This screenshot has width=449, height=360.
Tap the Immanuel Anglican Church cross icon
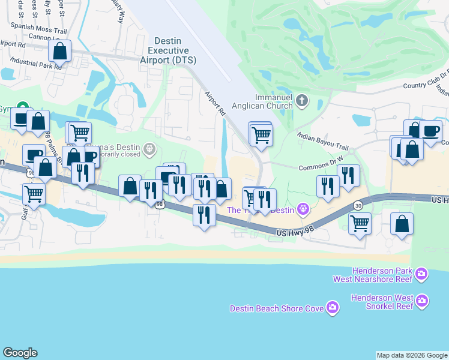[302, 100]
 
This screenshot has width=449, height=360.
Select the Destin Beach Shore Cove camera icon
[333, 308]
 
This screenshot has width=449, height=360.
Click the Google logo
[20, 353]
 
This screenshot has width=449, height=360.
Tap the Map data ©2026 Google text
[412, 355]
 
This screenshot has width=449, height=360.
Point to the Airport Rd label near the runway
[215, 104]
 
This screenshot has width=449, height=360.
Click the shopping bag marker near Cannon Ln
[60, 52]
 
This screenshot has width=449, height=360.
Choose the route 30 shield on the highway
[357, 205]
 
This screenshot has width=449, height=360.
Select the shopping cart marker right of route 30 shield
[360, 224]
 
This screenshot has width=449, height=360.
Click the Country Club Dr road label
[426, 86]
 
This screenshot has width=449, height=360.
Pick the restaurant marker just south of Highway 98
[204, 214]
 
